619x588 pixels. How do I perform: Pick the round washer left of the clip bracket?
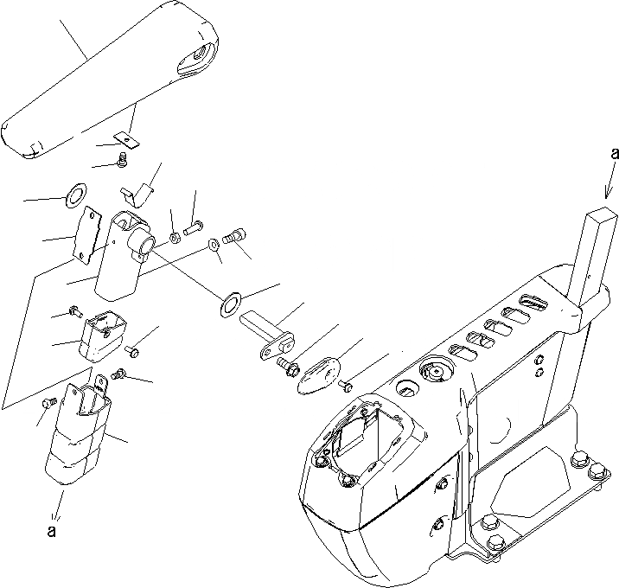pyautogui.click(x=76, y=192)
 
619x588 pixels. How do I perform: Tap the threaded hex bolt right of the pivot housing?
pyautogui.click(x=233, y=234)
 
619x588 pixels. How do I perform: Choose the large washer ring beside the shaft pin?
pyautogui.click(x=231, y=302)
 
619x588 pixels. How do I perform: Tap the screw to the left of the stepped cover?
pyautogui.click(x=49, y=403)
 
